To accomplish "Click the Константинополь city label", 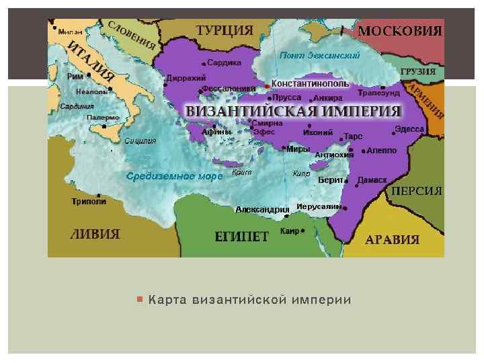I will click(x=310, y=84).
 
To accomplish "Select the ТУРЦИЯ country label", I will click(x=225, y=31).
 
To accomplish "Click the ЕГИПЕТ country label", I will click(x=241, y=237).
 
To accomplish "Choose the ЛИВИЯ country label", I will click(x=95, y=235).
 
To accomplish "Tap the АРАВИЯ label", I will click(x=392, y=240).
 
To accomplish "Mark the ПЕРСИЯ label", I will click(x=417, y=191).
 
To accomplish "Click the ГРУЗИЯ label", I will click(x=417, y=71).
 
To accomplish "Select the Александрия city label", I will click(x=262, y=210).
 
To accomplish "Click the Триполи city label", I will click(x=89, y=201).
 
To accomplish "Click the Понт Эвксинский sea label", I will click(x=319, y=54).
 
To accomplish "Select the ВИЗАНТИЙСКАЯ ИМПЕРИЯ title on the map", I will click(x=293, y=111).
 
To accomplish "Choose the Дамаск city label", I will click(x=372, y=180).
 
